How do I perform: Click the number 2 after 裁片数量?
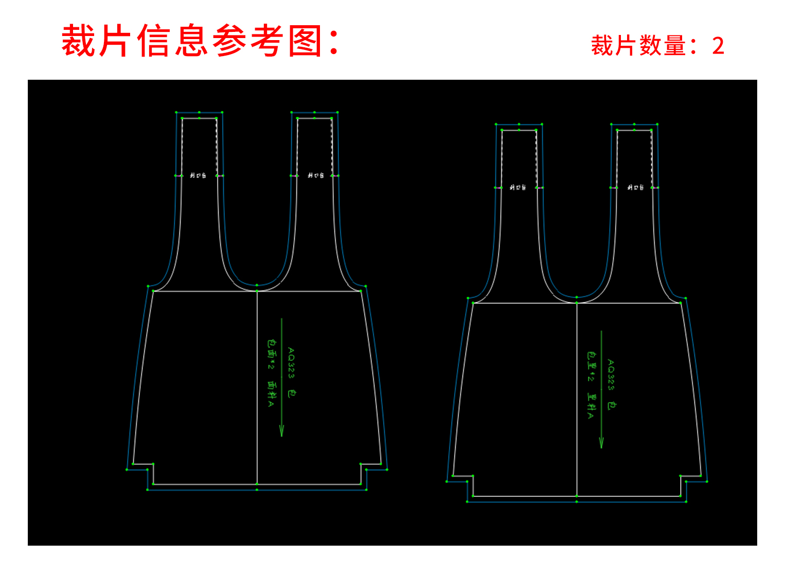tap(718, 46)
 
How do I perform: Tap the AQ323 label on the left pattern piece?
tap(291, 363)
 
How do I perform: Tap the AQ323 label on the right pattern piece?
tap(611, 375)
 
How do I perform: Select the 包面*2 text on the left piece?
tap(271, 354)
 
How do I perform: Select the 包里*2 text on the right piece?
tap(591, 366)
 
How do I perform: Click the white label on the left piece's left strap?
tap(198, 176)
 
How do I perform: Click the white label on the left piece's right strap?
tap(316, 176)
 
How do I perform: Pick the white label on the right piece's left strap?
tap(518, 188)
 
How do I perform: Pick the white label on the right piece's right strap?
tap(635, 188)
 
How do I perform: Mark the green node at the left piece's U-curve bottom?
tap(257, 285)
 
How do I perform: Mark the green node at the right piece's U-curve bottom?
tap(577, 297)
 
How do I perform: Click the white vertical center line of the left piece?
tap(257, 386)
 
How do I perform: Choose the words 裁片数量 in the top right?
tap(638, 46)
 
